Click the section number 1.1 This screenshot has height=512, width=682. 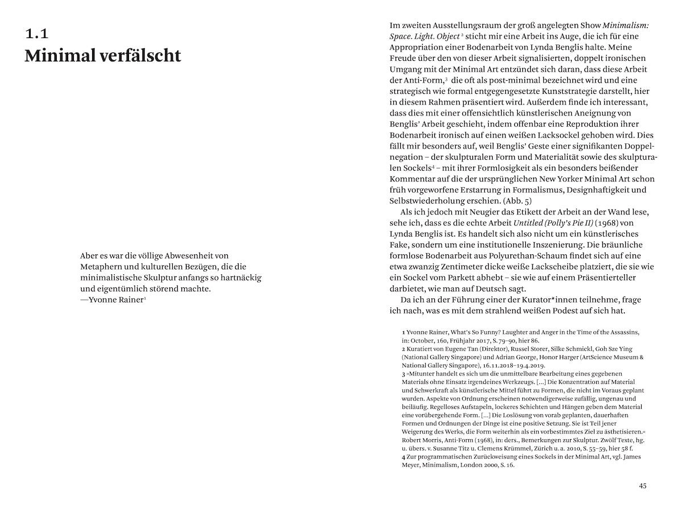point(36,34)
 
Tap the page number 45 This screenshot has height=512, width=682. point(642,486)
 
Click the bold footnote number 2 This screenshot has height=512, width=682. point(403,349)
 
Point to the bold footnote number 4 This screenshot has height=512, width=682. point(403,457)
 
